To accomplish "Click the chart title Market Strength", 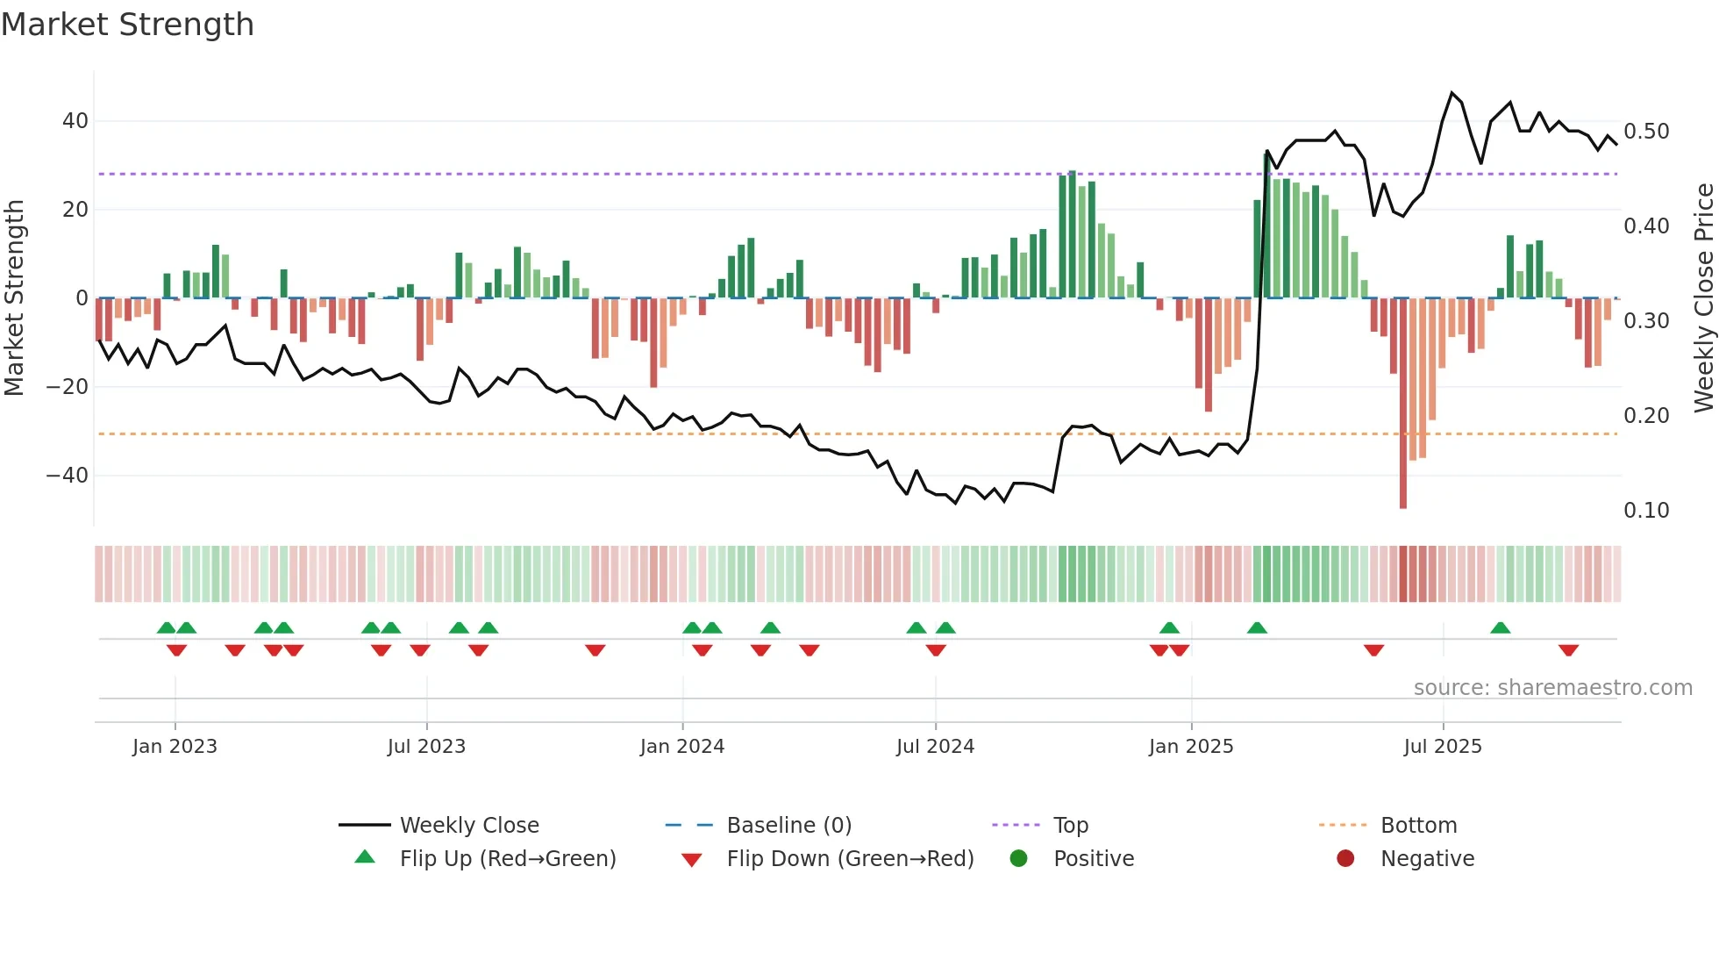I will pyautogui.click(x=127, y=25).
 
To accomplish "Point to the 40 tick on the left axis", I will pyautogui.click(x=75, y=121).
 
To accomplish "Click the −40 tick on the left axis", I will pyautogui.click(x=68, y=476).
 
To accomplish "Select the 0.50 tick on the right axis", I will pyautogui.click(x=1646, y=132).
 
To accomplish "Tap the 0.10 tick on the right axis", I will pyautogui.click(x=1646, y=511).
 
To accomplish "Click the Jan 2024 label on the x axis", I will pyautogui.click(x=681, y=747).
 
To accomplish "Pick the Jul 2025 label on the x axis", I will pyautogui.click(x=1442, y=747).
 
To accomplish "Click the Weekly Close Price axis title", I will pyautogui.click(x=1703, y=298).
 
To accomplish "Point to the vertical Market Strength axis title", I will pyautogui.click(x=14, y=298).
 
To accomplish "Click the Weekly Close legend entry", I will pyautogui.click(x=469, y=826).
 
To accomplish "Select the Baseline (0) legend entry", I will pyautogui.click(x=788, y=826).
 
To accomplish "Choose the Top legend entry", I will pyautogui.click(x=1070, y=826).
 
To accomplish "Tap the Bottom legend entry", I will pyautogui.click(x=1418, y=826).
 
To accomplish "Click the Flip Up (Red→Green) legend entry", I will pyautogui.click(x=507, y=859).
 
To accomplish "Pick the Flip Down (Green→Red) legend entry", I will pyautogui.click(x=850, y=859).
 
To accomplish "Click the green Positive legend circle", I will pyautogui.click(x=1018, y=858).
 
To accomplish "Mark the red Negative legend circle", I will pyautogui.click(x=1345, y=858).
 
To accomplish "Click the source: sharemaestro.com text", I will pyautogui.click(x=1552, y=688).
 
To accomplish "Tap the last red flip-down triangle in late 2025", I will pyautogui.click(x=1568, y=650).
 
